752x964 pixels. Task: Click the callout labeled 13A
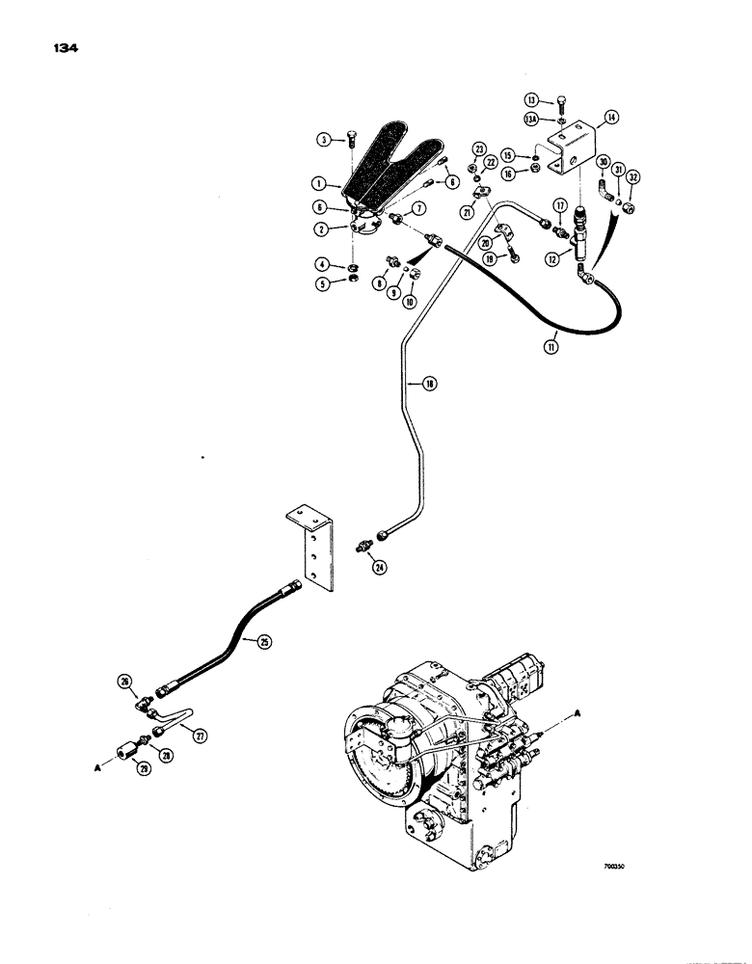pyautogui.click(x=531, y=120)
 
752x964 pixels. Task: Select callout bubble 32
pyautogui.click(x=633, y=177)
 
